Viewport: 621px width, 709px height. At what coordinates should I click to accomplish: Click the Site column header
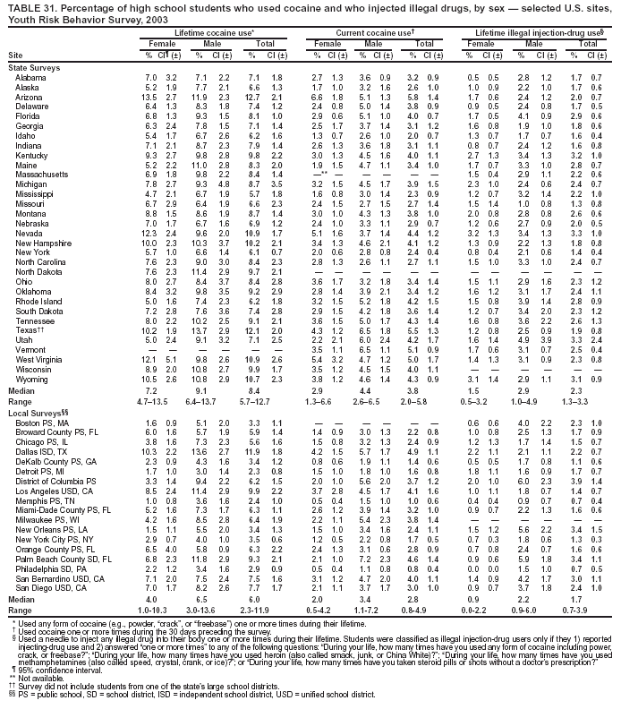(x=14, y=54)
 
